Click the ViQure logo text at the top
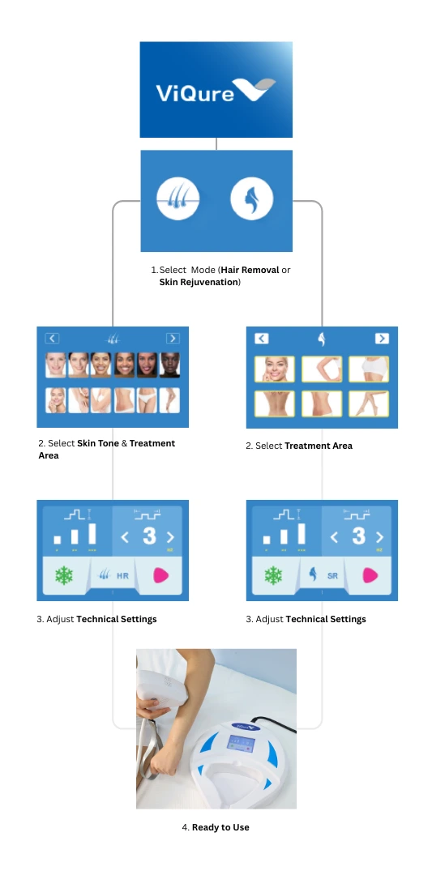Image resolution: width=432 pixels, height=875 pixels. pos(195,92)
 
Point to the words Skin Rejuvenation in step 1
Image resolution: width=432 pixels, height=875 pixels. pos(199,281)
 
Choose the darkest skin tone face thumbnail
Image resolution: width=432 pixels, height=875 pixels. pos(170,365)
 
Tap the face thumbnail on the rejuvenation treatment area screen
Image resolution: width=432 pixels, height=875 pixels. pos(274,369)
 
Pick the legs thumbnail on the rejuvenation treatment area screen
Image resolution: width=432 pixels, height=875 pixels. pos(368,403)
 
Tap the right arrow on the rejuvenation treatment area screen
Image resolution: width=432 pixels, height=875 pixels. pos(382,339)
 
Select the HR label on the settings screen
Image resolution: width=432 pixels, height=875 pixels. pos(122,576)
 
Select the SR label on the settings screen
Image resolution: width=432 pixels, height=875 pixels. pos(332,576)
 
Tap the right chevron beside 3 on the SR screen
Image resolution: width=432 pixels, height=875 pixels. pos(379,536)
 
